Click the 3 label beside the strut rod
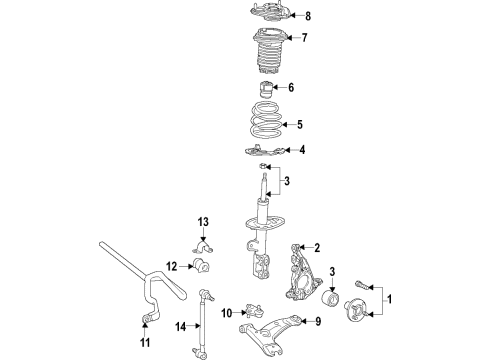[x=286, y=180]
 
